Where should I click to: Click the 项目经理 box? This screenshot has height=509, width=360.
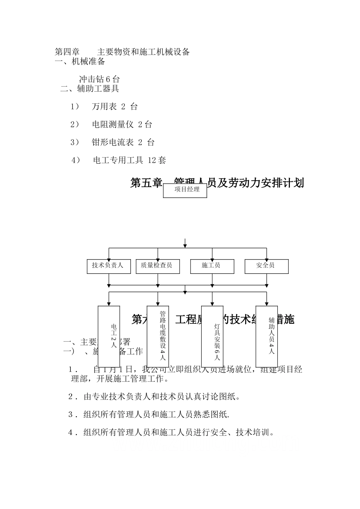click(185, 190)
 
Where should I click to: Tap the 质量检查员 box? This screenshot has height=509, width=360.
click(157, 266)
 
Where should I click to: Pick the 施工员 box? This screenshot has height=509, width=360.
click(212, 266)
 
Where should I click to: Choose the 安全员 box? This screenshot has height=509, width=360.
click(266, 266)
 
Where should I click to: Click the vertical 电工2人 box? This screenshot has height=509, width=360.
click(109, 336)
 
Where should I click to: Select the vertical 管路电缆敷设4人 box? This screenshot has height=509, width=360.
click(158, 336)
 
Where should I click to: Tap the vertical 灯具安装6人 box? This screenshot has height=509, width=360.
click(212, 336)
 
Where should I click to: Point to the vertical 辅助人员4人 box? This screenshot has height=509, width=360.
click(267, 336)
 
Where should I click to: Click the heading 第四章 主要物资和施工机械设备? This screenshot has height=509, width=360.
click(122, 52)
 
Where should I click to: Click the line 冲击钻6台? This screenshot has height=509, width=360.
click(99, 79)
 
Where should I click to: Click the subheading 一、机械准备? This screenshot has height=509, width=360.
click(80, 61)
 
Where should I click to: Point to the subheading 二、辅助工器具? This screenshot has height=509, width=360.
click(90, 89)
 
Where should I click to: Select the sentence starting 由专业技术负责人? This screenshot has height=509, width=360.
click(154, 397)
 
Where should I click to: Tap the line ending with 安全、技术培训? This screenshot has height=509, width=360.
click(171, 432)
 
